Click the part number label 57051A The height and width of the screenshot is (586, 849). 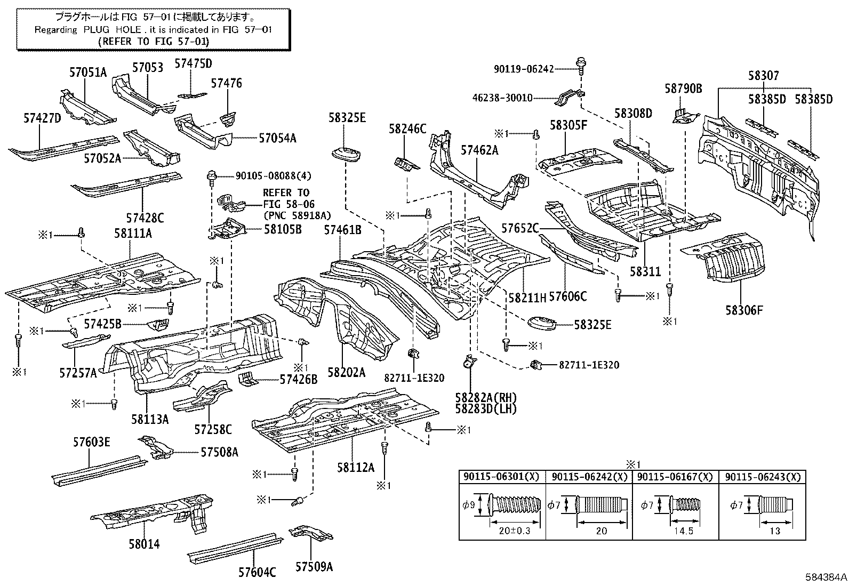click(x=88, y=73)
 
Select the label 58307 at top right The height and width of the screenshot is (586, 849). click(x=763, y=76)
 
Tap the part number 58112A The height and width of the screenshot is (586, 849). click(x=355, y=467)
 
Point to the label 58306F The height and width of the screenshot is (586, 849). click(x=744, y=309)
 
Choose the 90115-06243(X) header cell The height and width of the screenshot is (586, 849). click(x=761, y=477)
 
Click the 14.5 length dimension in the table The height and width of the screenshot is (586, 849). click(x=683, y=531)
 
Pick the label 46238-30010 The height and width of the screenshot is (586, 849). click(x=502, y=98)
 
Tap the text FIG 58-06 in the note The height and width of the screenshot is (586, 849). click(x=289, y=204)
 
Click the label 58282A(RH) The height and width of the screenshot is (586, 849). click(x=486, y=397)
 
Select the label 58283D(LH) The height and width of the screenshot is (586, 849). click(x=486, y=408)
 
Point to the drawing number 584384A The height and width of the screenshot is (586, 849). click(x=825, y=577)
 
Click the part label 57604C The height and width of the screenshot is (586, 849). click(x=257, y=572)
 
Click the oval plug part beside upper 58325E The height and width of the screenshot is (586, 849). click(x=346, y=154)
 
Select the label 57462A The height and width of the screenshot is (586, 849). click(x=479, y=150)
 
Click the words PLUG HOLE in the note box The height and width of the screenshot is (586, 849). click(x=112, y=30)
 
